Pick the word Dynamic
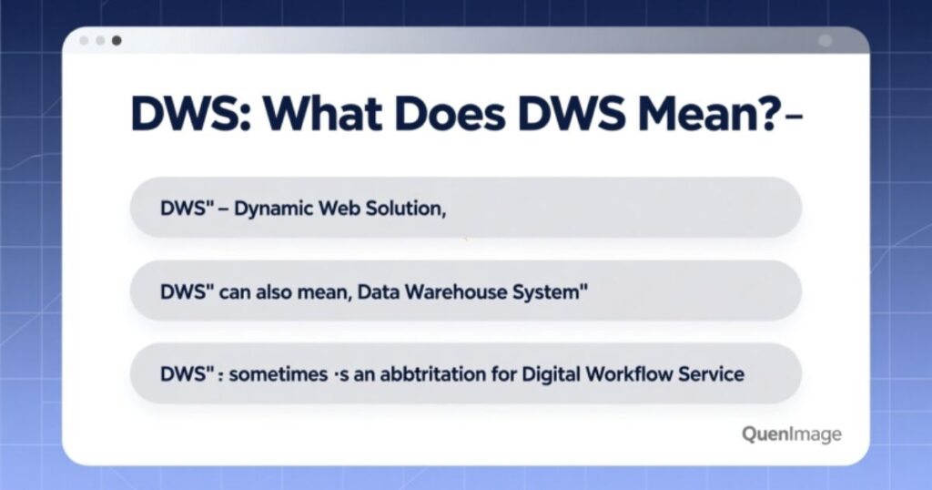point(276,208)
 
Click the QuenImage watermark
point(791,434)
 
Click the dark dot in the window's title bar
point(116,41)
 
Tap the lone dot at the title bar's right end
point(826,41)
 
